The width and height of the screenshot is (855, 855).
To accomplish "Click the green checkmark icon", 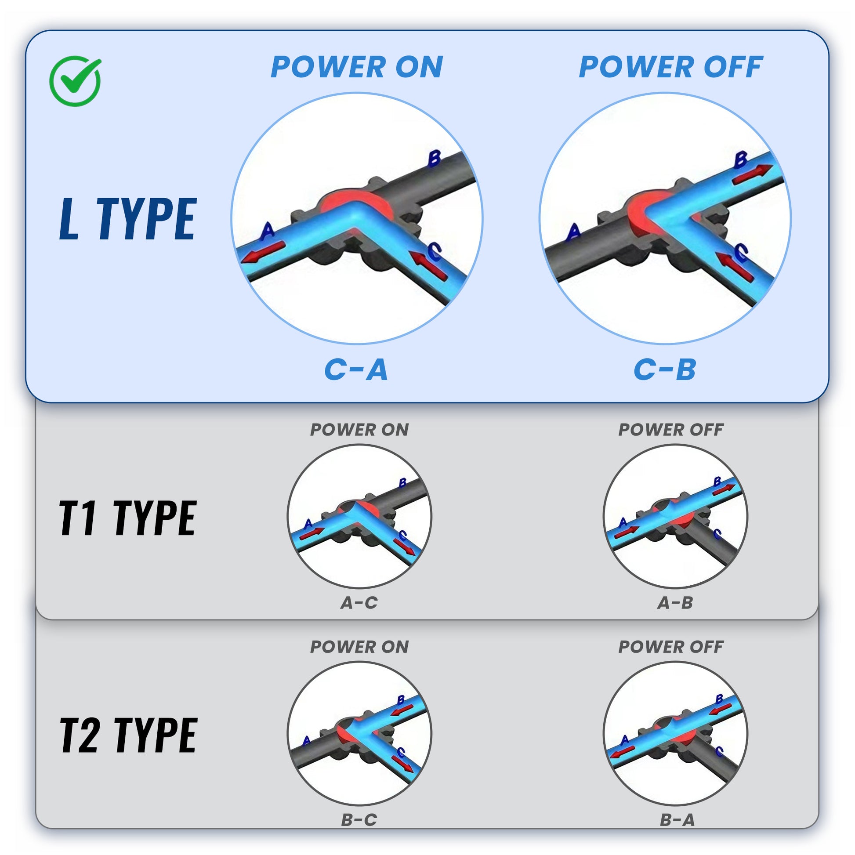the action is coord(75,81).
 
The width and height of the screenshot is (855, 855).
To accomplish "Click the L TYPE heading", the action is coord(128,219).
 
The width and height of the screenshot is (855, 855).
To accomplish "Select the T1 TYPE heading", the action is coord(128,518).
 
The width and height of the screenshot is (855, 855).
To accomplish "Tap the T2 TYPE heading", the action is coord(128,735).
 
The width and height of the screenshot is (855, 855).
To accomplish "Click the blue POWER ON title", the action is coord(357,67).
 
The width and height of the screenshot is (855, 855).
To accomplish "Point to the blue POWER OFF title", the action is coord(671,67).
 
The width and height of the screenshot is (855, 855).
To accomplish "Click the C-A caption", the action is coord(356,370).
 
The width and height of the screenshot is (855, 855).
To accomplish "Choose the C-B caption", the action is coord(665,370).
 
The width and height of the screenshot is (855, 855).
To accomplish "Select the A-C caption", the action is coord(359,602).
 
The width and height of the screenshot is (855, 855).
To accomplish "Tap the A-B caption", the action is coord(675,602).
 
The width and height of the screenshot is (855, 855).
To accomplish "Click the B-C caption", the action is coord(359,820).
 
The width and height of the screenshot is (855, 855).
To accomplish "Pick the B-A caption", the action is coord(677,820).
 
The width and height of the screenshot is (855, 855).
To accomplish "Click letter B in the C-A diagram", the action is coord(434,159).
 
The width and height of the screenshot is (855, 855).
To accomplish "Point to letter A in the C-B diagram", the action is coord(574,232).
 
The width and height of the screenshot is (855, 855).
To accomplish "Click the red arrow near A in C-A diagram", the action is coord(262,252).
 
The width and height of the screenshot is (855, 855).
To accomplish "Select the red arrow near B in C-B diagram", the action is coord(753,174).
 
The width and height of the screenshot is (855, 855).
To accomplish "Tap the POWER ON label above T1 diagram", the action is coord(359,430).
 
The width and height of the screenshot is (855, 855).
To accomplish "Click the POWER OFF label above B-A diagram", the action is coord(671,647).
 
